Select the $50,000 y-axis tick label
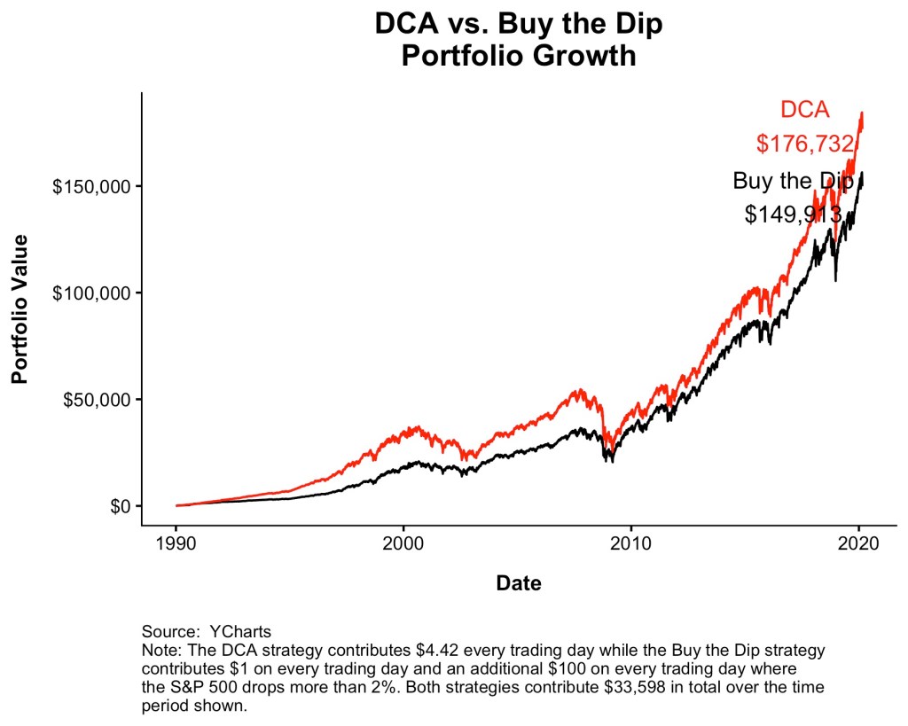[x=95, y=400]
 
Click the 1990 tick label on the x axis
[x=176, y=544]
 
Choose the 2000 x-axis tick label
[x=403, y=544]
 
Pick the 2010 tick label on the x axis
[x=630, y=544]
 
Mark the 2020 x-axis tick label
[x=858, y=544]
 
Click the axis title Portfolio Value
[x=20, y=308]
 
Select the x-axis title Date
[x=518, y=583]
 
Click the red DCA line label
[x=804, y=110]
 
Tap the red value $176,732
[x=804, y=144]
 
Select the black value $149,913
[x=792, y=214]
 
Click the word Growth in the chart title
[x=583, y=56]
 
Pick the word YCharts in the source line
[x=240, y=632]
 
